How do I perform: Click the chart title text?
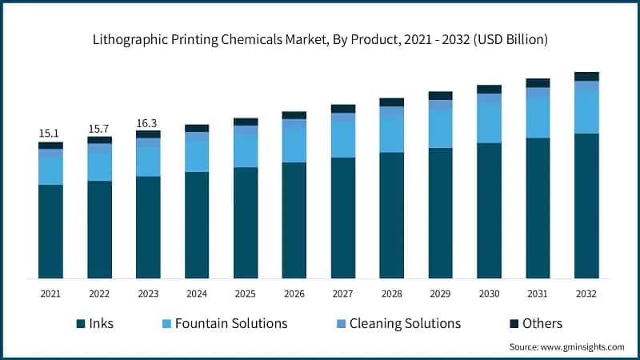pyautogui.click(x=320, y=38)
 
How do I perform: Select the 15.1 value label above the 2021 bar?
pyautogui.click(x=50, y=133)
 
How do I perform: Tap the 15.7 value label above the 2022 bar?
pyautogui.click(x=99, y=128)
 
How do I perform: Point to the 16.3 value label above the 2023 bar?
pyautogui.click(x=148, y=122)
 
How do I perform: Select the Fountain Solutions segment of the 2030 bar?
pyautogui.click(x=489, y=124)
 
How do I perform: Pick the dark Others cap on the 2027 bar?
pyautogui.click(x=343, y=109)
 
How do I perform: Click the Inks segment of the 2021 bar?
pyautogui.click(x=50, y=231)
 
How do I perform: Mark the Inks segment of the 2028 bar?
pyautogui.click(x=392, y=215)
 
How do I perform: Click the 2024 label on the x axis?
pyautogui.click(x=197, y=294)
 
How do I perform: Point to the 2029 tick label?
pyautogui.click(x=440, y=294)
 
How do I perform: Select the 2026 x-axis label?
pyautogui.click(x=294, y=294)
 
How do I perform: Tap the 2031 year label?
pyautogui.click(x=538, y=294)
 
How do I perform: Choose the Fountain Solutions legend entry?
pyautogui.click(x=224, y=323)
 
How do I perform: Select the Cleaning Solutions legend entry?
pyautogui.click(x=395, y=323)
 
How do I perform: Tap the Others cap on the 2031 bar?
pyautogui.click(x=538, y=83)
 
